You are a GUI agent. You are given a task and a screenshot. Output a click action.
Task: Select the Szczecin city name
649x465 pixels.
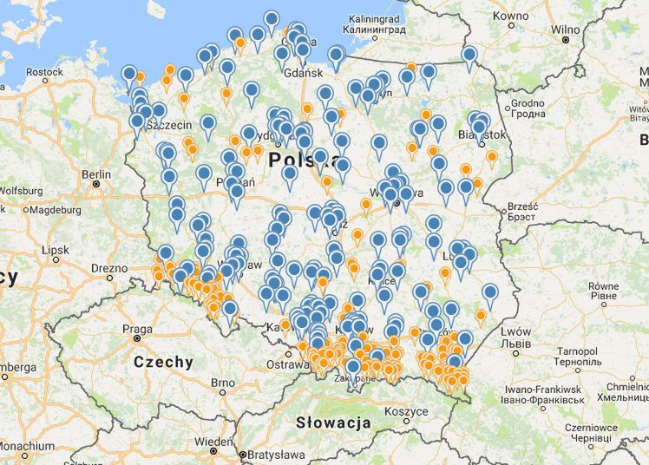click(170, 124)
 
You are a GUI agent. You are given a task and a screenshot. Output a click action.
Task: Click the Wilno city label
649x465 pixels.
click(566, 29)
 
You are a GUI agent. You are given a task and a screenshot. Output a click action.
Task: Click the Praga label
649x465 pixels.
click(137, 329)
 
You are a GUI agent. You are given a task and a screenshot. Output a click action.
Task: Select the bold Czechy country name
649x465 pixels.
click(163, 363)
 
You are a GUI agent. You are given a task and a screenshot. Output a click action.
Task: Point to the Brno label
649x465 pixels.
click(222, 383)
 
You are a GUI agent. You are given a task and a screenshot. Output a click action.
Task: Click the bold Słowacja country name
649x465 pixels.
click(332, 422)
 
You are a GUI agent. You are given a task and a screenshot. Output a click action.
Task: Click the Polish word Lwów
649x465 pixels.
click(515, 332)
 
